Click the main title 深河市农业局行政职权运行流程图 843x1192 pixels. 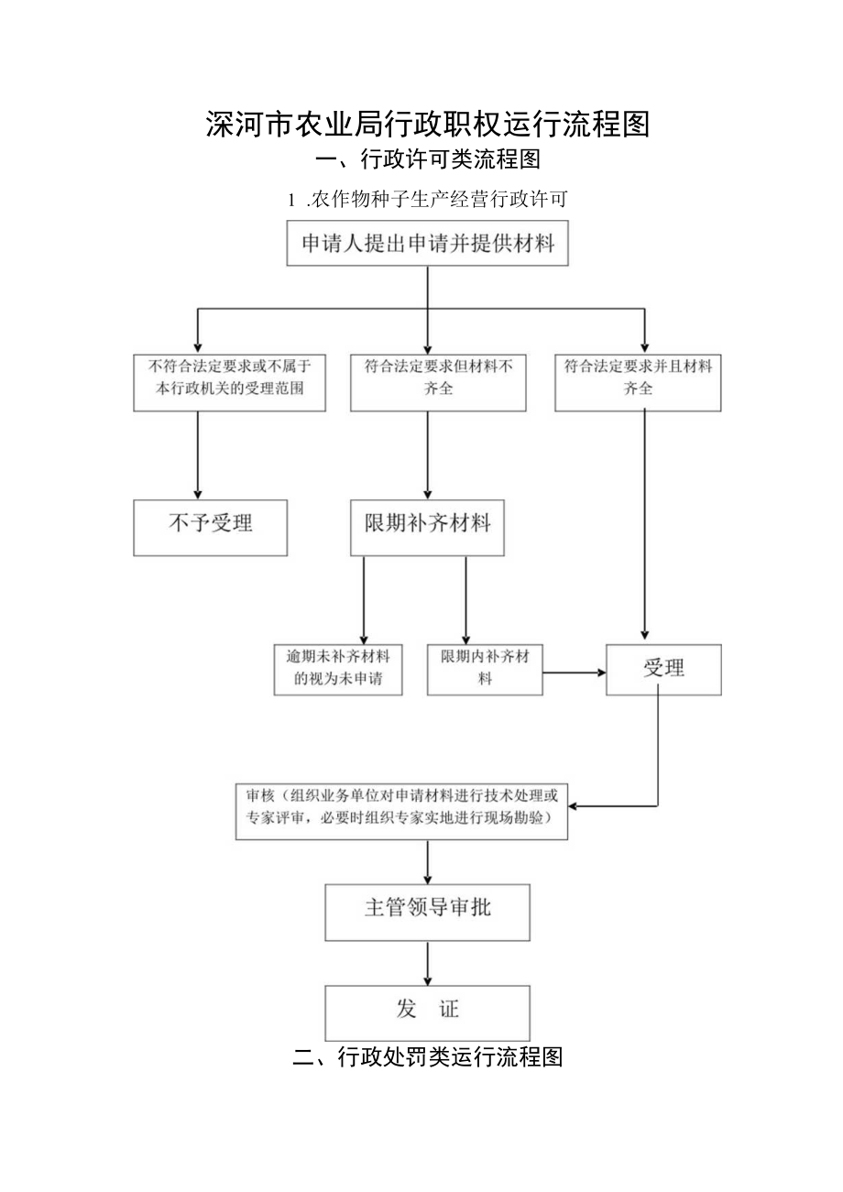pos(427,124)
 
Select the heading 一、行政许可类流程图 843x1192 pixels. pos(427,160)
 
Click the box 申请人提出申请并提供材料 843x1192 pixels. pos(427,244)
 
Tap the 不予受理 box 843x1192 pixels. pos(210,527)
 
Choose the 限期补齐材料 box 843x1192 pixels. pos(427,527)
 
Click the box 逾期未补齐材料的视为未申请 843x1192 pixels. pos(338,669)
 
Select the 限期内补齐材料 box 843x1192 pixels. pos(485,669)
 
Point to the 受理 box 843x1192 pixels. pos(663,669)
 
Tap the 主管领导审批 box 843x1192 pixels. pos(427,912)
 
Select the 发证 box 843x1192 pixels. pos(427,1012)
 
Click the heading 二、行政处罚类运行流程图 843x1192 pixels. pos(427,1057)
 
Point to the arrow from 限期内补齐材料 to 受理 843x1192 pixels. pos(575,673)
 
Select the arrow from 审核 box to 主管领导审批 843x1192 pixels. pos(428,861)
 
